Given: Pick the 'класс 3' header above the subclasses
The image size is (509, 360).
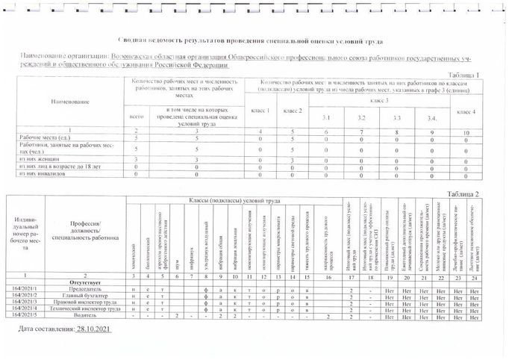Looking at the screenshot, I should (383, 100).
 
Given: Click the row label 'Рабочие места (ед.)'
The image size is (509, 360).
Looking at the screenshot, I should (44, 138).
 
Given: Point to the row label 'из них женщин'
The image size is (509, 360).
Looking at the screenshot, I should (40, 159).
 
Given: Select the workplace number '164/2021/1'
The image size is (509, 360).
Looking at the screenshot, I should (25, 289).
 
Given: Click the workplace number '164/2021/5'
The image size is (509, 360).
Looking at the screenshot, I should (25, 315).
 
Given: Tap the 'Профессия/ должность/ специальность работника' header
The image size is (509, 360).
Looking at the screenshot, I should (85, 229).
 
